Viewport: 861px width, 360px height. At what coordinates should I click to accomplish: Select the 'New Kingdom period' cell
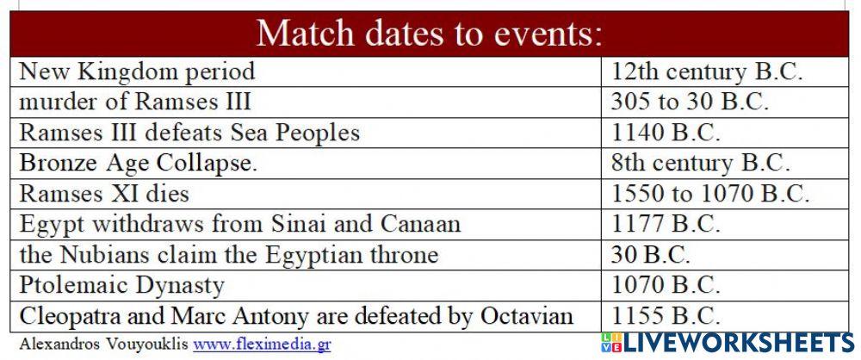pyautogui.click(x=137, y=71)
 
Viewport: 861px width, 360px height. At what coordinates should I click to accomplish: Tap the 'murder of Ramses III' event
pyautogui.click(x=135, y=102)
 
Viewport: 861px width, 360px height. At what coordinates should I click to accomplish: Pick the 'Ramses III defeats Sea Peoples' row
pyautogui.click(x=189, y=133)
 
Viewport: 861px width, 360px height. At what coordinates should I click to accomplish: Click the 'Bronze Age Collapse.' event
pyautogui.click(x=138, y=163)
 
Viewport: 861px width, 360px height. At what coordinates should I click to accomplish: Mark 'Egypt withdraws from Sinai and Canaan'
pyautogui.click(x=239, y=225)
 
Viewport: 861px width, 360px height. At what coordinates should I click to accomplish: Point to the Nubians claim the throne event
pyautogui.click(x=228, y=255)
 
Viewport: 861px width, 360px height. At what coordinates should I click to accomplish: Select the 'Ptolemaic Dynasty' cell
pyautogui.click(x=121, y=285)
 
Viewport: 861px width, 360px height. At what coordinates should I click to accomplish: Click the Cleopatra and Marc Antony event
pyautogui.click(x=296, y=315)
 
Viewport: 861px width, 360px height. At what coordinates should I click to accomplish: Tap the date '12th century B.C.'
pyautogui.click(x=707, y=71)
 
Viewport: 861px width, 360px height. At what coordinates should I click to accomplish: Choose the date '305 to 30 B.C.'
pyautogui.click(x=689, y=102)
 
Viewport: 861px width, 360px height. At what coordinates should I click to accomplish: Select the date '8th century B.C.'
pyautogui.click(x=701, y=163)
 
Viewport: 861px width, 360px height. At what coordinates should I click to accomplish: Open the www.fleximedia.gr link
pyautogui.click(x=262, y=344)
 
